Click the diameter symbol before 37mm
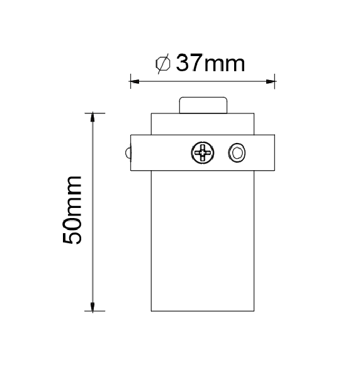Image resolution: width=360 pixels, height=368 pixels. click(x=162, y=64)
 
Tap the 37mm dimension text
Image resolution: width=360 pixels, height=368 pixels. click(x=209, y=64)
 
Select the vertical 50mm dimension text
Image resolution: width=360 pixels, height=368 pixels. click(x=73, y=210)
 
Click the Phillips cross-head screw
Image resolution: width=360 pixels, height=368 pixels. click(x=203, y=152)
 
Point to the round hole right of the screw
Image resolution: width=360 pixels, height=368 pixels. click(x=237, y=152)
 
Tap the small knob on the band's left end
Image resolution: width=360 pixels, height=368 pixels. click(x=128, y=153)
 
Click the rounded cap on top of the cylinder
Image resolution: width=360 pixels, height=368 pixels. click(x=202, y=105)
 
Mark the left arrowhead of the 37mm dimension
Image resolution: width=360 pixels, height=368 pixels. click(x=133, y=80)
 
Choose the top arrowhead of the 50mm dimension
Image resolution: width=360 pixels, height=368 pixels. click(x=93, y=117)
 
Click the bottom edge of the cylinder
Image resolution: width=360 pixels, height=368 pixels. click(x=202, y=311)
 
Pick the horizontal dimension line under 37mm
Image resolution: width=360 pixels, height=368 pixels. click(x=202, y=80)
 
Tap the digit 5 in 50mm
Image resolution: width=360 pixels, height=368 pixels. click(x=73, y=236)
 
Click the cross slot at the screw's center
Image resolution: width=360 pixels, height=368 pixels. click(x=203, y=152)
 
